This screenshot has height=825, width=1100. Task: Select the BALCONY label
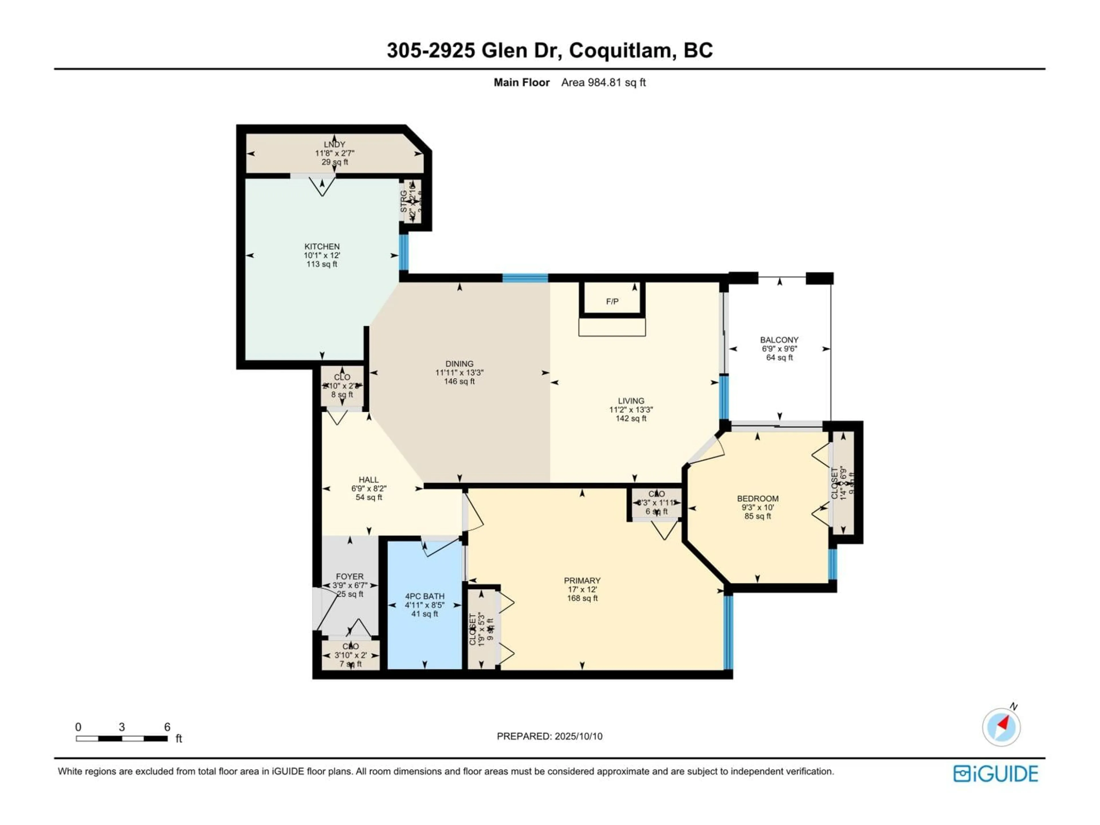(779, 340)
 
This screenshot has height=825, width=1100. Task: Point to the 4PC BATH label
(424, 596)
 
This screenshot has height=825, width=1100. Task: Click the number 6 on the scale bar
(167, 727)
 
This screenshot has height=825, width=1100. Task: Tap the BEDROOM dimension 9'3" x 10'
(757, 508)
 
